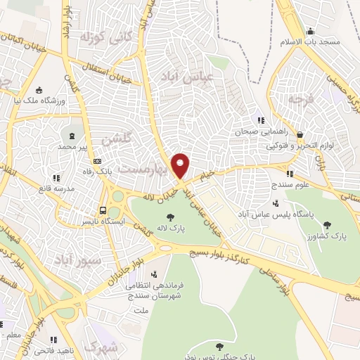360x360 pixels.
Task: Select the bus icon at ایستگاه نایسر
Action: (x=103, y=210)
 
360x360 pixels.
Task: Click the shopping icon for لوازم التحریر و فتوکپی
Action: (x=300, y=134)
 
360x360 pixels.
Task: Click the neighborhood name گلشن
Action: (x=115, y=139)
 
